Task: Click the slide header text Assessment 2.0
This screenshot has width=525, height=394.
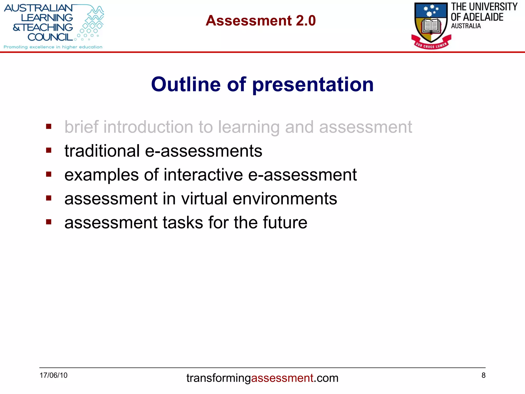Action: (x=260, y=21)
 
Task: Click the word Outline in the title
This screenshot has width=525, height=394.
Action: (x=186, y=84)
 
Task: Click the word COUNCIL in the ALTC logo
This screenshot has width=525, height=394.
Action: (x=50, y=37)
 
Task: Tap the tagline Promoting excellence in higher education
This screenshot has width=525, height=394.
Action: (x=53, y=47)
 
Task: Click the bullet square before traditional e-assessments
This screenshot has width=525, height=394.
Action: (x=49, y=150)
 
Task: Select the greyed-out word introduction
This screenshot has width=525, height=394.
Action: (x=148, y=127)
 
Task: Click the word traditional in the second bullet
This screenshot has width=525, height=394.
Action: (x=102, y=151)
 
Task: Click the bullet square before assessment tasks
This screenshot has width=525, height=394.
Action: (x=49, y=222)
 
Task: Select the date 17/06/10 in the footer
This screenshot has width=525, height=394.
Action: (x=53, y=375)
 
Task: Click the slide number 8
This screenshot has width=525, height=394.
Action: (x=483, y=375)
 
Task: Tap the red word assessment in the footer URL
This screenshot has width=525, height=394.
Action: (x=282, y=378)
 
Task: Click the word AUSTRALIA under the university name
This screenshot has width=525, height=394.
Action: (x=466, y=26)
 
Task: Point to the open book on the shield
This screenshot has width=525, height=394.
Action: (x=431, y=26)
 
